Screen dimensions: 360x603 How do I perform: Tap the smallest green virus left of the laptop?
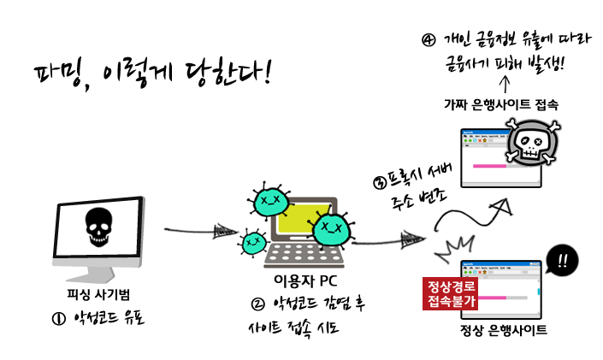(252, 245)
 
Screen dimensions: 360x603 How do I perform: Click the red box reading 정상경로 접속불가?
(451, 293)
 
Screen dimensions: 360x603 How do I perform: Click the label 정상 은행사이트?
(503, 330)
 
